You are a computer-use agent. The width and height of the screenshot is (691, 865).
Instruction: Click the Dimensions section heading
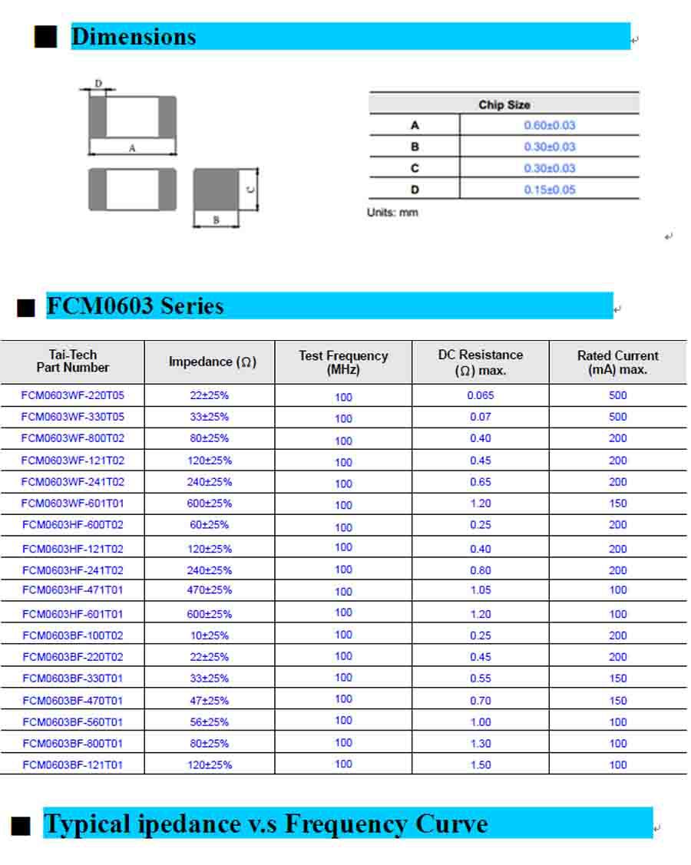(x=134, y=36)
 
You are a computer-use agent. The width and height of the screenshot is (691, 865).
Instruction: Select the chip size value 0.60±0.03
(x=549, y=125)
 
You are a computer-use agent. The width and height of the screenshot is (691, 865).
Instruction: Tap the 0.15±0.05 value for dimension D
(x=549, y=190)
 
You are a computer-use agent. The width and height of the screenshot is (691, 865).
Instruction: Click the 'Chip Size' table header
(x=504, y=104)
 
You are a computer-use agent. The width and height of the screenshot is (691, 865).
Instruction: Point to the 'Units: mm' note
(x=392, y=213)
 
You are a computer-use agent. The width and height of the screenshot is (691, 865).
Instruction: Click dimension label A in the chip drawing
(x=132, y=148)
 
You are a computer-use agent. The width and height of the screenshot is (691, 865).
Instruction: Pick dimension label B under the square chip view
(x=216, y=220)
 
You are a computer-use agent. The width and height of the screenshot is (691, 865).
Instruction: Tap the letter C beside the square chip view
(x=251, y=189)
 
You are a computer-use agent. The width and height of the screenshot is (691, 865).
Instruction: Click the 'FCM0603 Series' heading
(x=135, y=305)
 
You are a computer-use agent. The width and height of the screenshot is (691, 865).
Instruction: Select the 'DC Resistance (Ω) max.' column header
(x=481, y=362)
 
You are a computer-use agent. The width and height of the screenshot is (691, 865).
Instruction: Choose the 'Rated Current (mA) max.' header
(x=617, y=362)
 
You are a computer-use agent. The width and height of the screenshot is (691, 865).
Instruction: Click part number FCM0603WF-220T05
(x=72, y=396)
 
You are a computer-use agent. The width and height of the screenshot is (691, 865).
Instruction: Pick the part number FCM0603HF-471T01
(x=72, y=590)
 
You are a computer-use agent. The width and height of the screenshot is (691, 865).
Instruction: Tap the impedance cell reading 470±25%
(x=210, y=590)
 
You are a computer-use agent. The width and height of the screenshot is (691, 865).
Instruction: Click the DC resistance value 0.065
(x=481, y=396)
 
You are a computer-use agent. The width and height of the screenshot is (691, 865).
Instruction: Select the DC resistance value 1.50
(x=481, y=764)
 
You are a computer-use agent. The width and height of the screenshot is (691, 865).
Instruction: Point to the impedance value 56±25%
(x=210, y=721)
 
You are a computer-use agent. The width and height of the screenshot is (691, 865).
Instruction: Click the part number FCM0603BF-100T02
(x=72, y=636)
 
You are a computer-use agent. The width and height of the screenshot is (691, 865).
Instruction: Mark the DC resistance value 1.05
(x=481, y=590)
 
